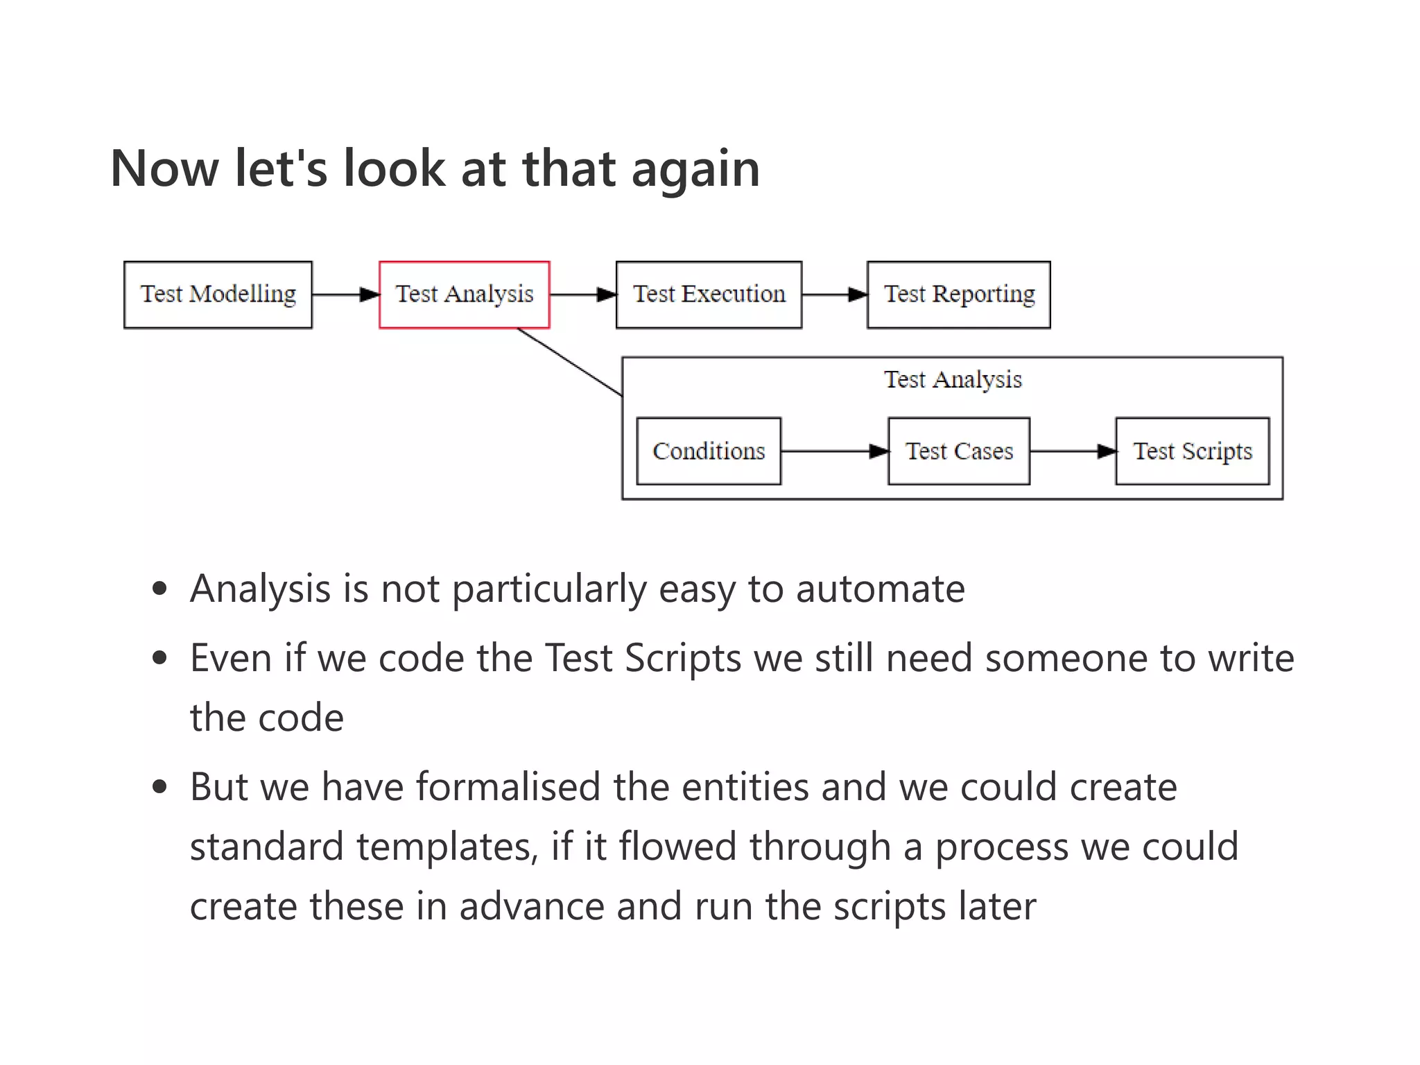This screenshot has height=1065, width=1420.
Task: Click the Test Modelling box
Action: [218, 295]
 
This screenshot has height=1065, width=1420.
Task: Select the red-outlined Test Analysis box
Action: [465, 295]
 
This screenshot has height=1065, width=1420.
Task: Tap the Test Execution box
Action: [709, 295]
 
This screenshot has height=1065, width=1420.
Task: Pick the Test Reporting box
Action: [958, 295]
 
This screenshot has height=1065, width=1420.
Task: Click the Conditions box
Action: [709, 451]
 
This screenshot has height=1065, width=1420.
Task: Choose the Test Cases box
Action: [958, 451]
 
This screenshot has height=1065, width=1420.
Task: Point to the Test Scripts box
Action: [1192, 451]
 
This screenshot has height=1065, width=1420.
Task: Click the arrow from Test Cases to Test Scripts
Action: [1073, 452]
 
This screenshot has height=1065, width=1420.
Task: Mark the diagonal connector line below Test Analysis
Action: [570, 362]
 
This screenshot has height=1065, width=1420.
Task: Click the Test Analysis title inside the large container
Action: [953, 380]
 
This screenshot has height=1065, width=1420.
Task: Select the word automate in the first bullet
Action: [880, 589]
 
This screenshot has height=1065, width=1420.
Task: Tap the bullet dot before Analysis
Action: [160, 589]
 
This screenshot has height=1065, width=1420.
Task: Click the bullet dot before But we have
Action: [160, 788]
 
